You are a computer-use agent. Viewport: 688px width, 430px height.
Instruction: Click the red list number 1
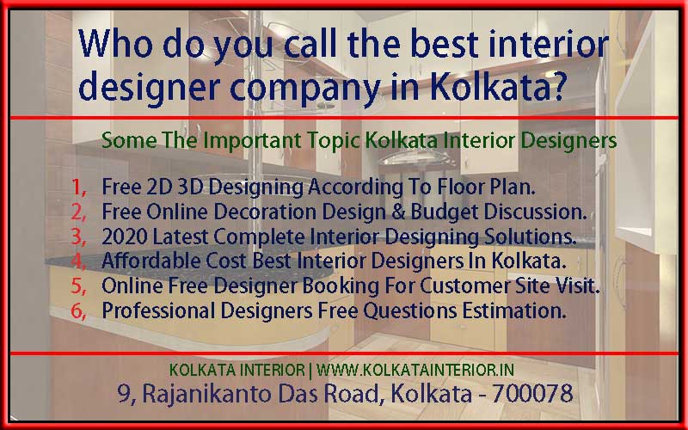pyautogui.click(x=78, y=186)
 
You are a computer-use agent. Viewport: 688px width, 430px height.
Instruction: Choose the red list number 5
pyautogui.click(x=78, y=287)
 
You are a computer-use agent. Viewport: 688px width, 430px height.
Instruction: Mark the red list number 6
pyautogui.click(x=78, y=312)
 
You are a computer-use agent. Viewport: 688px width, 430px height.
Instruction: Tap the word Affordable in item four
pyautogui.click(x=145, y=261)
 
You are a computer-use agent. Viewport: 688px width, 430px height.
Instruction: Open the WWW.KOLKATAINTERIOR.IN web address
pyautogui.click(x=416, y=369)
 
